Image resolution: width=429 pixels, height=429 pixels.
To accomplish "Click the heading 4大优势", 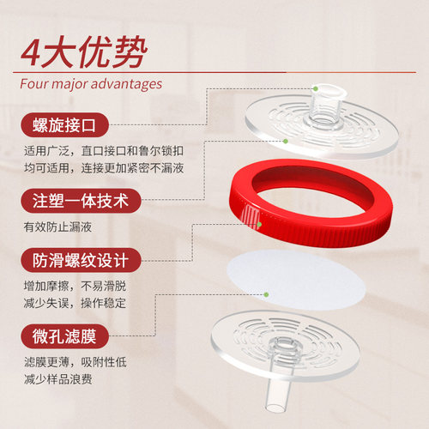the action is [x=84, y=51].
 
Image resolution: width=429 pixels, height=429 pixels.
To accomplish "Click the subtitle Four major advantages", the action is [x=91, y=84].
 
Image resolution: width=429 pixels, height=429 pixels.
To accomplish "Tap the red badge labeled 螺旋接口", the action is [x=64, y=125].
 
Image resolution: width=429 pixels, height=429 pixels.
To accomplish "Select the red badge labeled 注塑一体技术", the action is [x=81, y=201].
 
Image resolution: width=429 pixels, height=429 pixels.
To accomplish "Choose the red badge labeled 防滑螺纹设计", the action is [x=81, y=260].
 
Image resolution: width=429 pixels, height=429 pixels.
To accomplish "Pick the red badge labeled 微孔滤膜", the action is [x=64, y=336].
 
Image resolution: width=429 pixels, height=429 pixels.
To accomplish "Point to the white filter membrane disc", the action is [x=296, y=280].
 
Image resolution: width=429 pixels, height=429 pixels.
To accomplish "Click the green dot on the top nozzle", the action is [x=316, y=89].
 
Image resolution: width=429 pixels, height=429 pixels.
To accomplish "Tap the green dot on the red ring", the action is [x=259, y=225].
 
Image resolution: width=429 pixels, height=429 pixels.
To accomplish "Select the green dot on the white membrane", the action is [x=266, y=294].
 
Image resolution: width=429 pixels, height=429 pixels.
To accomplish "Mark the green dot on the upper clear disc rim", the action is [x=285, y=141].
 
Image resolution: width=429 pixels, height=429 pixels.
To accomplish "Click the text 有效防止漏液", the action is [x=57, y=227].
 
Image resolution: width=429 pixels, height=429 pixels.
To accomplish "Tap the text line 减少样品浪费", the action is [x=58, y=379].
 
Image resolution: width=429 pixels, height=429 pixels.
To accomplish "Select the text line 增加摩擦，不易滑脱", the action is [x=75, y=286].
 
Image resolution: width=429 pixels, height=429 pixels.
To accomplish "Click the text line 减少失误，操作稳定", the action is [x=75, y=303].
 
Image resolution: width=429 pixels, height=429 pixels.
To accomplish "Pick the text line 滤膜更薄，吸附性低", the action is [x=76, y=362].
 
